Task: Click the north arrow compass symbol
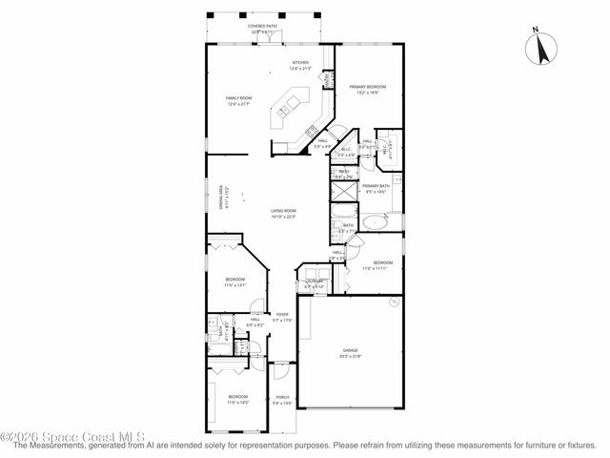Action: point(543,48)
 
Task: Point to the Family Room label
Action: point(238,98)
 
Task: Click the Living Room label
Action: point(283,211)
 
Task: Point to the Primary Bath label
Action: point(376,187)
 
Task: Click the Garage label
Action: point(351,350)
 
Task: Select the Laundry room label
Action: point(314,281)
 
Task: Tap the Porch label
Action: point(282,397)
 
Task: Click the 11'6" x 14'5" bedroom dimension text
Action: point(237,403)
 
